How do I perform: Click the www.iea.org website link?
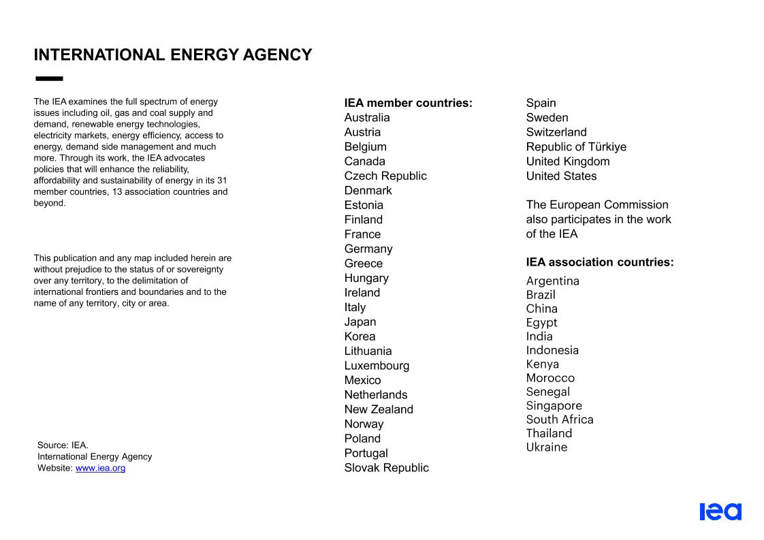(100, 468)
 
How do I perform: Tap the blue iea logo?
(720, 511)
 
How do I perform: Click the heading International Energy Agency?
(173, 55)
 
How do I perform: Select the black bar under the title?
(48, 79)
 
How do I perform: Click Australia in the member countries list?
(367, 118)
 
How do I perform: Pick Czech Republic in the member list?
(385, 176)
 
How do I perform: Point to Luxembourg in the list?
(377, 366)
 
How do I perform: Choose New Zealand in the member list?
(379, 409)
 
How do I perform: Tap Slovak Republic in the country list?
(386, 468)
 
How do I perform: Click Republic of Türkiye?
(576, 147)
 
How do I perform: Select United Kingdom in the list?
(568, 161)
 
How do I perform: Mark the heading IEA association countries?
(599, 262)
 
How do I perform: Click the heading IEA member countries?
(408, 104)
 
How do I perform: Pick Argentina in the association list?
(552, 281)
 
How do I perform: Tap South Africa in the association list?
(560, 419)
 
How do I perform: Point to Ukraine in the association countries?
(546, 447)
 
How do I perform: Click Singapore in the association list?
(554, 406)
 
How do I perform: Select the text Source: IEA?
(63, 445)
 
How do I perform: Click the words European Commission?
(609, 205)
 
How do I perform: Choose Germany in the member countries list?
(368, 249)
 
